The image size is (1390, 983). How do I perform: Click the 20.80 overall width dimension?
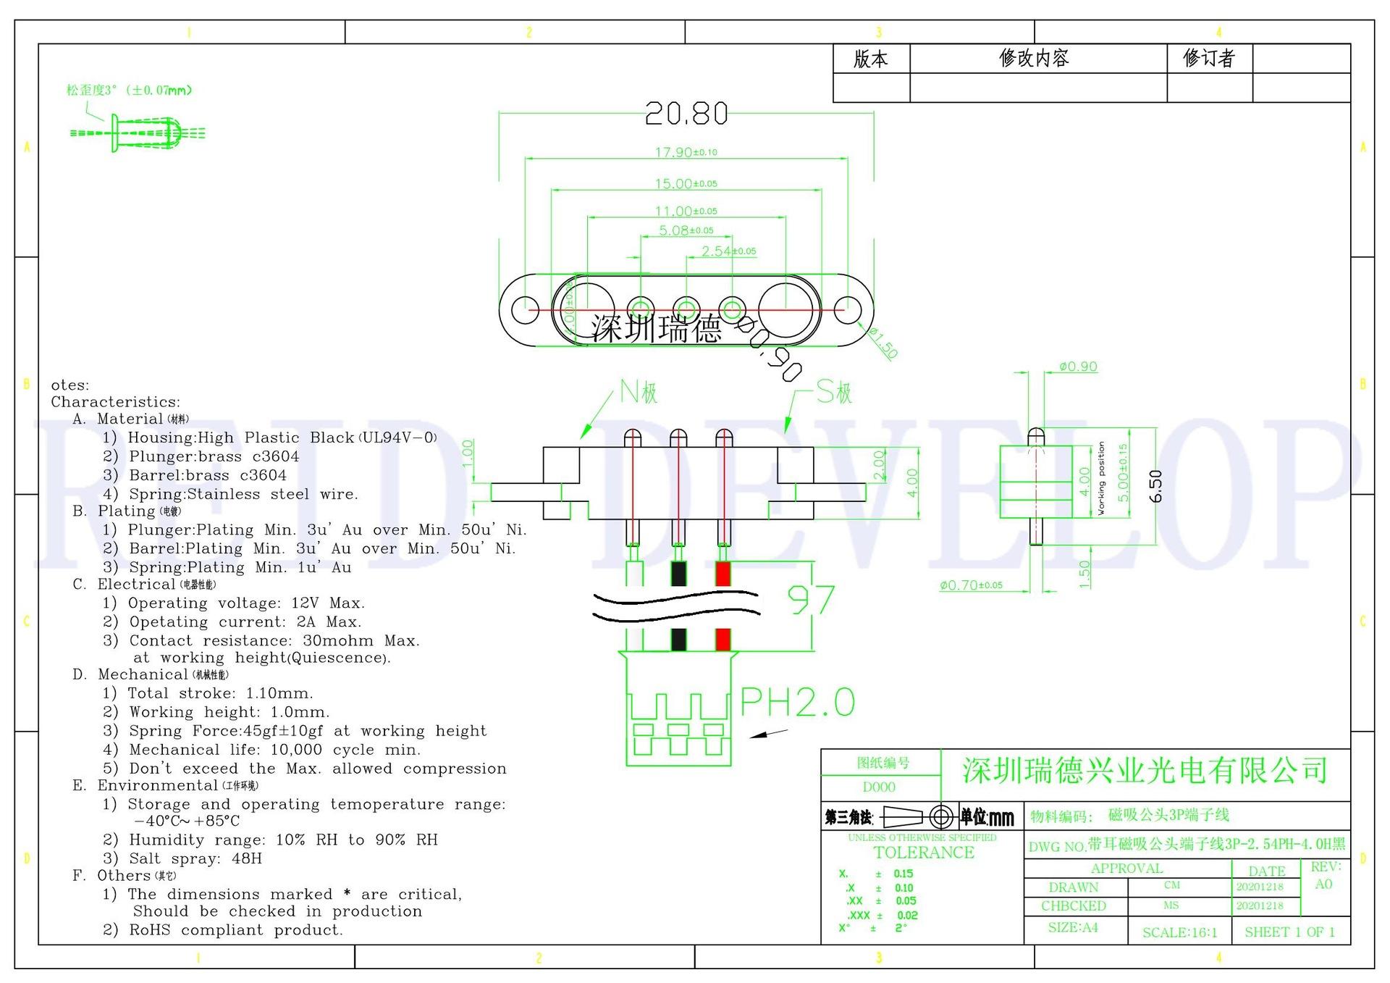tap(686, 114)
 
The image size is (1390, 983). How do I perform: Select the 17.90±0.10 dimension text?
tap(686, 152)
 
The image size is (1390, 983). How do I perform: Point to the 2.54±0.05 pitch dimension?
tap(728, 251)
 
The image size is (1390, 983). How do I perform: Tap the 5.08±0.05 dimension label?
tap(686, 230)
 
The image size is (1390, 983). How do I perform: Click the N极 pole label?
tap(639, 393)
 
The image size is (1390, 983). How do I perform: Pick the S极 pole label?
tap(834, 393)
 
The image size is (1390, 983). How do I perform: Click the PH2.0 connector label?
tap(797, 703)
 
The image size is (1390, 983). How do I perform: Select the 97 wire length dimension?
tap(811, 601)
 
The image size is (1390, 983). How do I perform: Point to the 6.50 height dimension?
tap(1155, 486)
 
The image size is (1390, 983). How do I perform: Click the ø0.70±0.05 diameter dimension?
tap(971, 585)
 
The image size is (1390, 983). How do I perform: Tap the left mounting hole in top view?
tap(524, 310)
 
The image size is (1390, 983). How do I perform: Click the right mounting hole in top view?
tap(846, 310)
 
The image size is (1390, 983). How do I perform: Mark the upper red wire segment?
tap(723, 574)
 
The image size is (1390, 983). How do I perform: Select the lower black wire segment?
tap(678, 640)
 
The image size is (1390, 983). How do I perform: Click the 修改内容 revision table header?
tap(1034, 59)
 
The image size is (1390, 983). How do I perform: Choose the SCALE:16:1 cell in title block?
tap(1179, 932)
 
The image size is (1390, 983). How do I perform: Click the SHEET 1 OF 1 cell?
tap(1289, 932)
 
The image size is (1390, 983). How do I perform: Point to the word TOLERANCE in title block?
tap(924, 853)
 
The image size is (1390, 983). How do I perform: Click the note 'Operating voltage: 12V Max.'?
tap(246, 603)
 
